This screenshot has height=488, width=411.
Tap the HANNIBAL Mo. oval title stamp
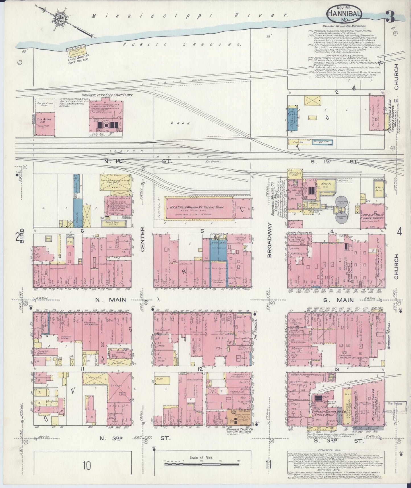344,14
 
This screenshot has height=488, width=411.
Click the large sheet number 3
390,17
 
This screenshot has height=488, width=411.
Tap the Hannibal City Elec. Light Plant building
106,117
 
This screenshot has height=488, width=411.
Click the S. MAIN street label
340,300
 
